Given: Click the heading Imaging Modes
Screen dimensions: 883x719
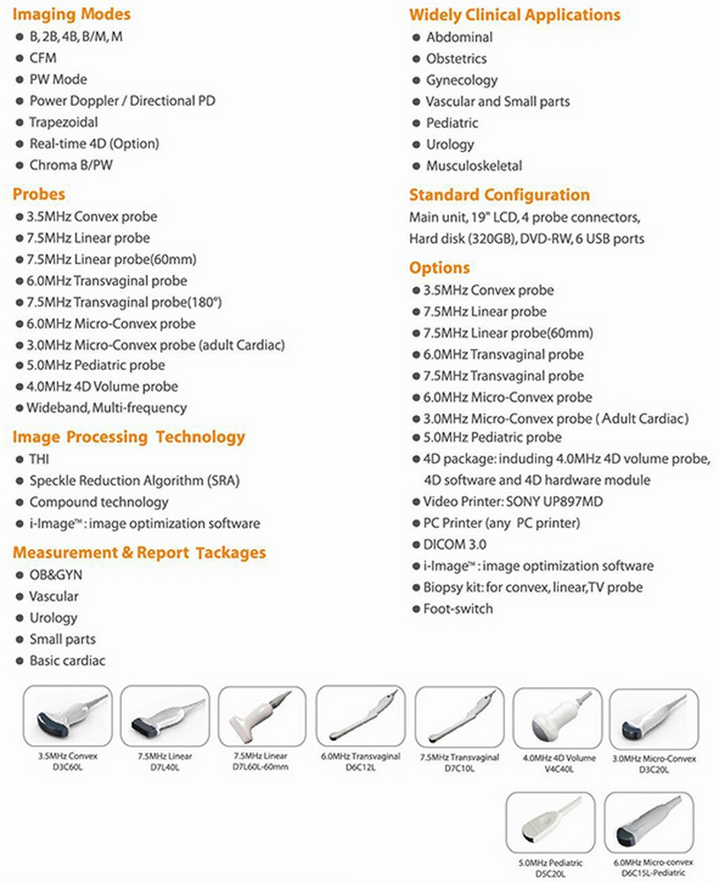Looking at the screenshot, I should pos(72,14).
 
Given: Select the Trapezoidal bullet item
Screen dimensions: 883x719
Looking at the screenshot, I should pos(64,122).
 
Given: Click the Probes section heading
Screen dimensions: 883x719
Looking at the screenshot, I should pos(39,193).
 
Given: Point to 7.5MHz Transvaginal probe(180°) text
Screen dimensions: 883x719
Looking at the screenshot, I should pos(124,301).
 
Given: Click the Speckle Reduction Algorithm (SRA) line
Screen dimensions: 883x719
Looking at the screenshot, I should pos(134,480).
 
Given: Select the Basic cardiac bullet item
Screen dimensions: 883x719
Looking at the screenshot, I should pos(68,660).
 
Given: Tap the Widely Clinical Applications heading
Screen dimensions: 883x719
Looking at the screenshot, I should pos(514,15).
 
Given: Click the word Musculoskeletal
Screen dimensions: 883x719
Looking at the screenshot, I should pos(473,165).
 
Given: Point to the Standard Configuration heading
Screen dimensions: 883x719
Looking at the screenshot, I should pos(499,194).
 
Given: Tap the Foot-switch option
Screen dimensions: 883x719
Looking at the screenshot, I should pos(458,608).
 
